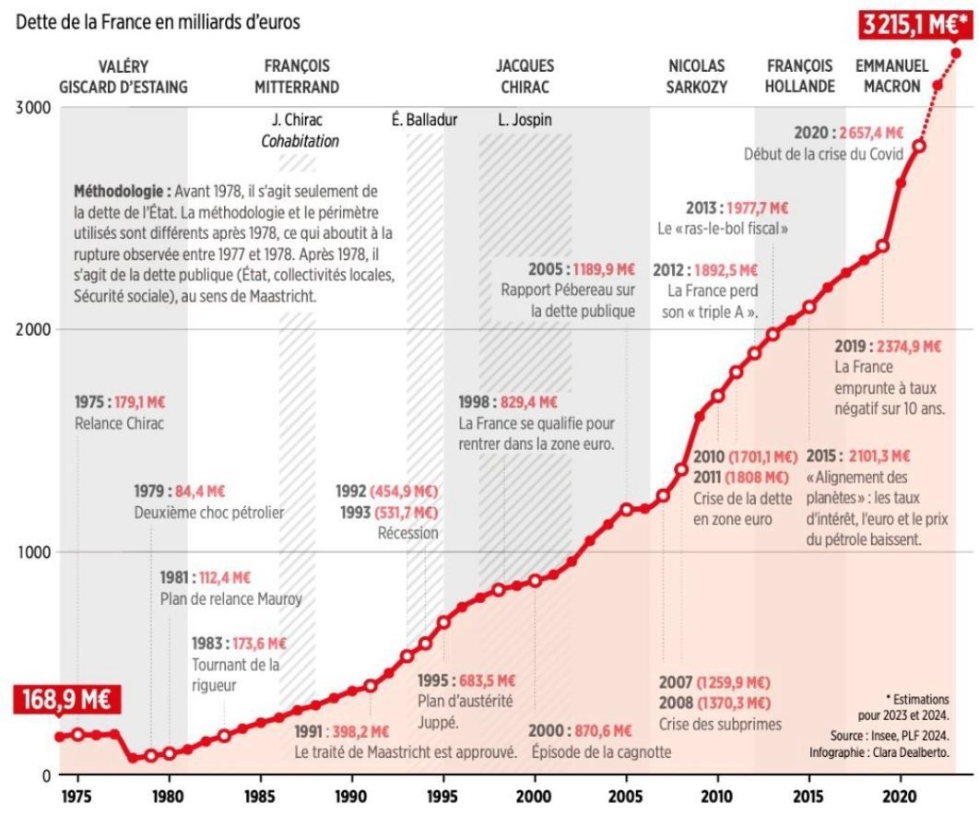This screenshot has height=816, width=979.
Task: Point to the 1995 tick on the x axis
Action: point(442,794)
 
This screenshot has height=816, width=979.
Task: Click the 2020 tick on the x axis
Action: point(900,794)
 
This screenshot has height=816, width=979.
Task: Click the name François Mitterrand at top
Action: point(297,77)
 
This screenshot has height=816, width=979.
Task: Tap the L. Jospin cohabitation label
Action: point(523,120)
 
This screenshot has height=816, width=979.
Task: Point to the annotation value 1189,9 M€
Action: point(603,269)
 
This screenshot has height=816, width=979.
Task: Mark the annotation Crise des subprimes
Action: point(720,725)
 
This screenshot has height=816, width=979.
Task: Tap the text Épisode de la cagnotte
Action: point(601,752)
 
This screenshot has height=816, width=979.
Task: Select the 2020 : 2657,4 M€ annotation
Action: point(848,133)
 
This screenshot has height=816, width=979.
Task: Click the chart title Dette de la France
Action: point(158,19)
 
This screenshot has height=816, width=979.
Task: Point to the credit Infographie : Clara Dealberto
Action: point(878,752)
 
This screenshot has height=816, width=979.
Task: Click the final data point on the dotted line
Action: point(956,53)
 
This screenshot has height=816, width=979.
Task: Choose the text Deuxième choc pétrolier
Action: point(209,513)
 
